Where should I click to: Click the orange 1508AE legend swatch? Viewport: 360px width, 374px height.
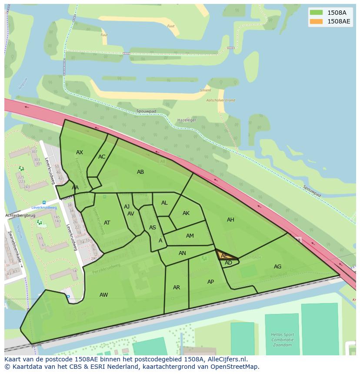(x=316, y=21)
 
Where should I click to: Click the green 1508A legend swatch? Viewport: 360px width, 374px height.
(x=316, y=13)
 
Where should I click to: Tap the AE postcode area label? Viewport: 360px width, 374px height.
(x=224, y=256)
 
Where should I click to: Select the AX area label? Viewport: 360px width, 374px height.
(x=80, y=152)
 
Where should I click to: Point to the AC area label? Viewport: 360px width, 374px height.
(x=102, y=157)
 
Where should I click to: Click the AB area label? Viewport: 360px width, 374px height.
(x=140, y=172)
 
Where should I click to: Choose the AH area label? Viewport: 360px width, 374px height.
(x=230, y=220)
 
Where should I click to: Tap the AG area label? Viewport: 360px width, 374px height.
(x=277, y=267)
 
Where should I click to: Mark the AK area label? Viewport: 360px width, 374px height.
(x=186, y=213)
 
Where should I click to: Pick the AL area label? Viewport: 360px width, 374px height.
(x=164, y=203)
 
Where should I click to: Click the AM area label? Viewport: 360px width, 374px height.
(x=190, y=236)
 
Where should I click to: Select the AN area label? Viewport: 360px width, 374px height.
(x=182, y=253)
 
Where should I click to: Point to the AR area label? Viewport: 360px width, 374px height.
(x=177, y=288)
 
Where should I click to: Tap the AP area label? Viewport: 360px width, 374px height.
(x=210, y=282)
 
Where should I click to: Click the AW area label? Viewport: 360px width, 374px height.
(x=103, y=295)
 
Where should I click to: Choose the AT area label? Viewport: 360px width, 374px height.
(x=107, y=223)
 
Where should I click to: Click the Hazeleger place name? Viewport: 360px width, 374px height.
(x=187, y=120)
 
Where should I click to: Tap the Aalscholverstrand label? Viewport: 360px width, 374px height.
(x=221, y=100)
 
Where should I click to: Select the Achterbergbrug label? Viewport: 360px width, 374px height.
(x=20, y=215)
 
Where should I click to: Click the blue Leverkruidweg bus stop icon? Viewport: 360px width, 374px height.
(x=44, y=202)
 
